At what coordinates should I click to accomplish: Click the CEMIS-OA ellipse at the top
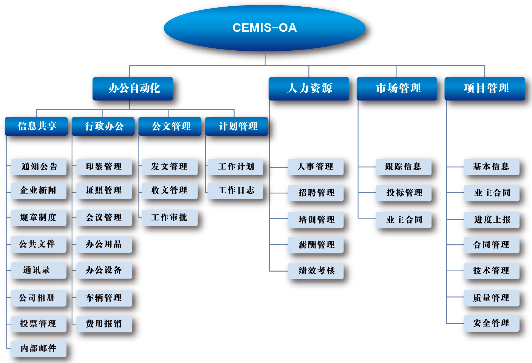264,28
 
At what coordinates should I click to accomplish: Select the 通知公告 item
39,167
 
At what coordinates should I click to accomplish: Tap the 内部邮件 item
39,349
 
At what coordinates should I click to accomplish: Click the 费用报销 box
104,324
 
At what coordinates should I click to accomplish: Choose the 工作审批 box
170,218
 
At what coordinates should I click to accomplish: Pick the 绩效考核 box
316,271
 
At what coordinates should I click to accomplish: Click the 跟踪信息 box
403,167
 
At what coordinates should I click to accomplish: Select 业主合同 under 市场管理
403,220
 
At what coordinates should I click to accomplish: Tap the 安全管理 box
492,323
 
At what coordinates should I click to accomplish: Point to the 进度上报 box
492,220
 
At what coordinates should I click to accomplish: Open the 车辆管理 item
104,298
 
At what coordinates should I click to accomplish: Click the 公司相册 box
39,298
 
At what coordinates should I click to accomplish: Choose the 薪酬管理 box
316,245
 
